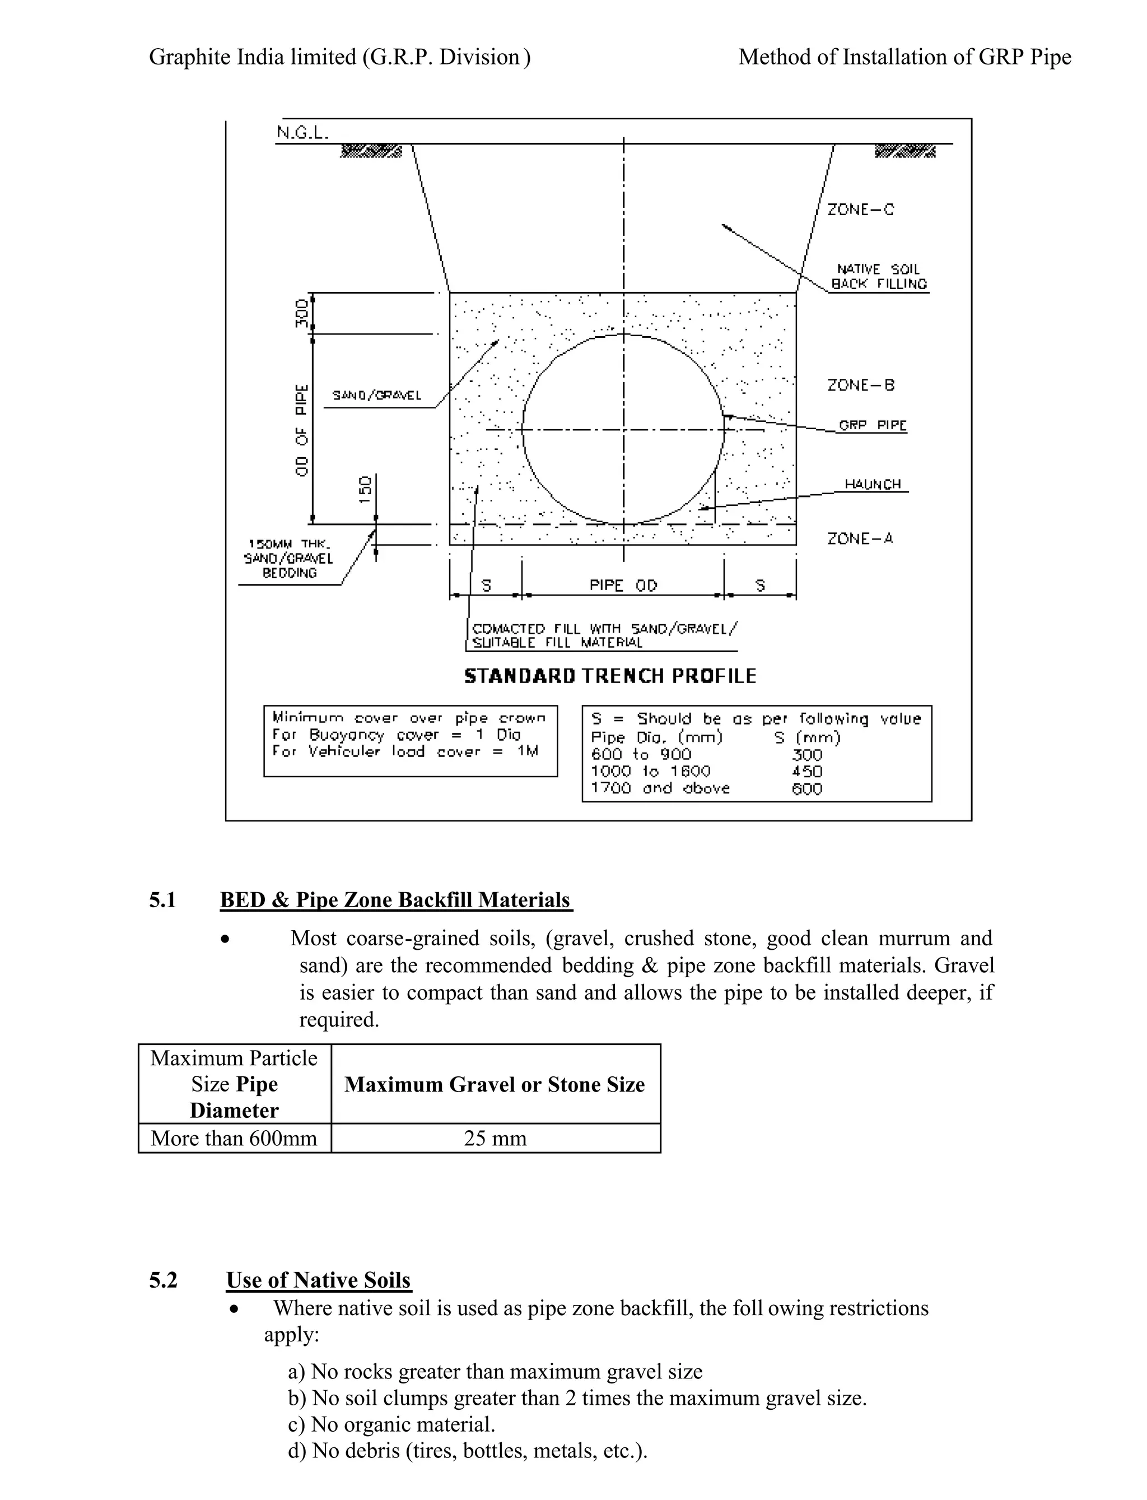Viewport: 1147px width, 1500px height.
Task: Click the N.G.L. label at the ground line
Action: pos(302,132)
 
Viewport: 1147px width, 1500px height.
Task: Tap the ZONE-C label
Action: pos(860,210)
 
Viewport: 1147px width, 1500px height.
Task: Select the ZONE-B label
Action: pos(860,386)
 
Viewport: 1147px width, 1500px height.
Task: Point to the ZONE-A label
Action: pos(860,539)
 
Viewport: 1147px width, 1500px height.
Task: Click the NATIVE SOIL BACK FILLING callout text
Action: pos(879,277)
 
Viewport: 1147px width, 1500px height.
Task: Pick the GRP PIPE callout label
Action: pos(873,425)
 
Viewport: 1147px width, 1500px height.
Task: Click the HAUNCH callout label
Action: pos(873,484)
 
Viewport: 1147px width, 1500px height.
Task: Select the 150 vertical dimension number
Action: pos(365,490)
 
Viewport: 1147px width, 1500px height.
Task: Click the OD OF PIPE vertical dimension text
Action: pos(302,430)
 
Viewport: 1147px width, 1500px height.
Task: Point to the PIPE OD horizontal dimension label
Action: pos(623,586)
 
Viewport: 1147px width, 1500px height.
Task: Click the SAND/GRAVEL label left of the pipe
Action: pos(376,396)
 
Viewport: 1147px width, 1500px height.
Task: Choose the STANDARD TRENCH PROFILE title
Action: pos(610,676)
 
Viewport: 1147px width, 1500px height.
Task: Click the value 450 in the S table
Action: pos(806,771)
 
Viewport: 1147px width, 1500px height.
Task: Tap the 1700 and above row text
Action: pos(660,788)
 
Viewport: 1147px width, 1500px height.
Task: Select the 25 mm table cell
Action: pos(495,1139)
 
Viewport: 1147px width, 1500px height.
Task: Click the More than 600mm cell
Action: pos(234,1139)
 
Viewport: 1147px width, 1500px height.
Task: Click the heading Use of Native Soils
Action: pos(318,1280)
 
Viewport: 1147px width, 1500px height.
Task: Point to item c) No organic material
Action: pos(391,1424)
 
